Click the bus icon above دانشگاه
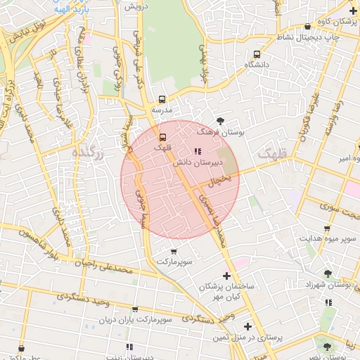pyautogui.click(x=257, y=53)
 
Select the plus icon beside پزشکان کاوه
pyautogui.click(x=352, y=11)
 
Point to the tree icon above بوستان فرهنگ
pyautogui.click(x=221, y=121)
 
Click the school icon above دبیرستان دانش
pyautogui.click(x=197, y=151)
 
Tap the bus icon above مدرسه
pyautogui.click(x=162, y=99)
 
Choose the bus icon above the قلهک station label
pyautogui.click(x=162, y=136)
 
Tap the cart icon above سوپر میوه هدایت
pyautogui.click(x=327, y=229)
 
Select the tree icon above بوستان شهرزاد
pyautogui.click(x=328, y=273)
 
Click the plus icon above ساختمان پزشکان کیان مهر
pyautogui.click(x=226, y=275)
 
